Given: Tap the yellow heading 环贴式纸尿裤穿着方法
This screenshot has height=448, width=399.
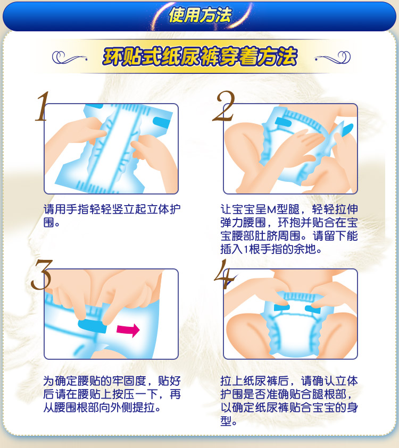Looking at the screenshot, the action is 200,56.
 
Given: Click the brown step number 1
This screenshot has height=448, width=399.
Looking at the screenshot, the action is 43,106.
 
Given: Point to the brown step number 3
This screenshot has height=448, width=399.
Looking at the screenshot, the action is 41,275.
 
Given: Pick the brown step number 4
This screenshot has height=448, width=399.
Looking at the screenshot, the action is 225,274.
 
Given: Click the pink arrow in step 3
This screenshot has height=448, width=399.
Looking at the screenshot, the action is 128,329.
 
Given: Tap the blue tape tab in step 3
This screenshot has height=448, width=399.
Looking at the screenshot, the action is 92,326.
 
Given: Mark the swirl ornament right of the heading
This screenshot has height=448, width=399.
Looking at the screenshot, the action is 332,57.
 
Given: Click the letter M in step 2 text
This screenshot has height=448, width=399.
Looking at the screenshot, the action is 272,210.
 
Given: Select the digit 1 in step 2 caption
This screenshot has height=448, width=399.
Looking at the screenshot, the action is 246,249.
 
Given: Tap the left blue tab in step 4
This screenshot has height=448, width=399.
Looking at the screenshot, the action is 282,307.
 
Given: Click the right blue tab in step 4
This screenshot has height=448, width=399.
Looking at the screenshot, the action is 313,309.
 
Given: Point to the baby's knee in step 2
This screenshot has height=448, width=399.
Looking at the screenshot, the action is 240,137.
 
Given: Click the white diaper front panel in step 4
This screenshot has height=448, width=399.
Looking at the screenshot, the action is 293,332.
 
